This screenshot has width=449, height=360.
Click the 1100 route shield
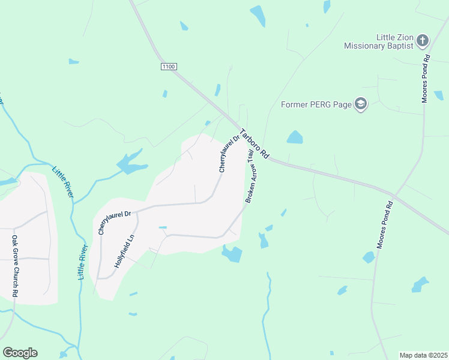tap(169, 67)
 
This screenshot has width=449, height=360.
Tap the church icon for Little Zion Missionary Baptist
tap(423, 41)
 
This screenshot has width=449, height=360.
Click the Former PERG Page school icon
tap(360, 105)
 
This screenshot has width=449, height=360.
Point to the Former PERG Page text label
tap(316, 105)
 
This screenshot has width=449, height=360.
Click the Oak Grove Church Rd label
tap(15, 266)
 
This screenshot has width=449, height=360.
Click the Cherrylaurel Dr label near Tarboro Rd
tap(229, 154)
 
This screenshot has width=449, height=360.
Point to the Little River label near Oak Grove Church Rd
tap(83, 262)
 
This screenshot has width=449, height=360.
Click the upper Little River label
tap(63, 182)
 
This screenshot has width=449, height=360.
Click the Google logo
tap(20, 353)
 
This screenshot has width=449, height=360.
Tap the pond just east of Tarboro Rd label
tap(294, 137)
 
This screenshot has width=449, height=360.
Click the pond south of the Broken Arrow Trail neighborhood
tap(232, 254)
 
